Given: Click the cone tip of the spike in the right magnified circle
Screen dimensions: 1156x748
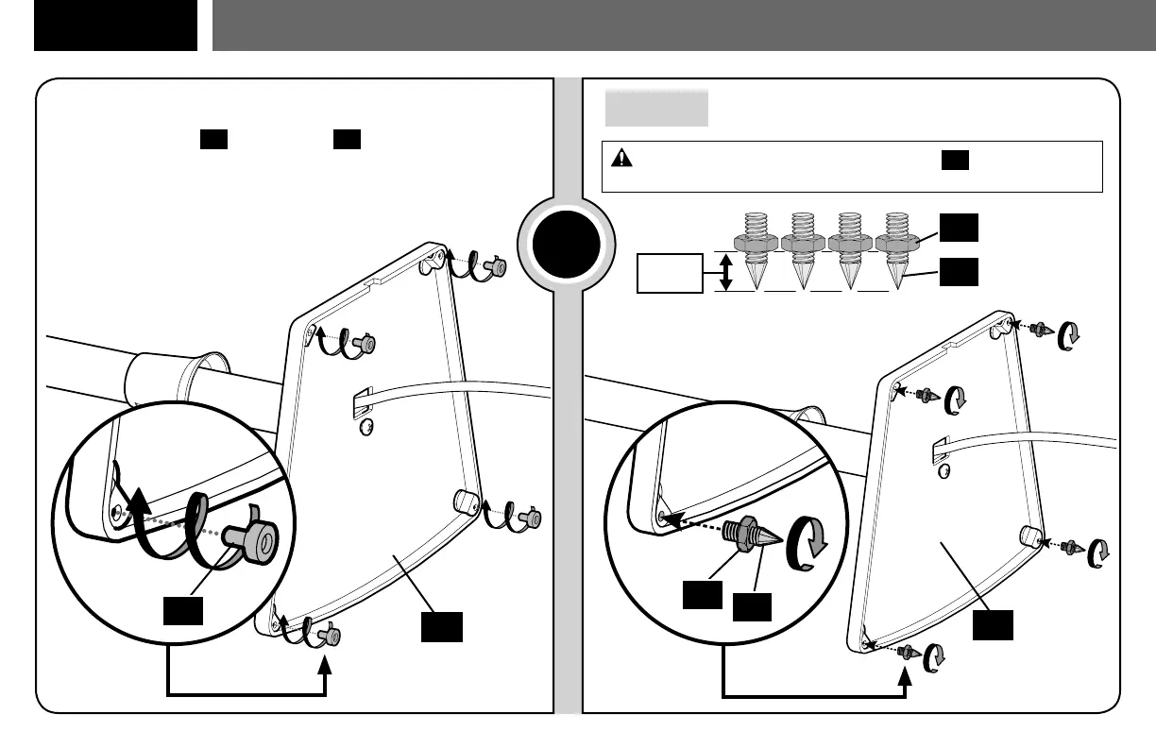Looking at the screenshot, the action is pyautogui.click(x=767, y=539).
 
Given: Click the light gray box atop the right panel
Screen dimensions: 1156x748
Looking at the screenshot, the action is pyautogui.click(x=655, y=109).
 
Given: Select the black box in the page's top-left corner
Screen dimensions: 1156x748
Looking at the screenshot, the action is pyautogui.click(x=115, y=25).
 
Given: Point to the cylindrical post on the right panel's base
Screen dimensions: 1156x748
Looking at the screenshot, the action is pyautogui.click(x=1029, y=536).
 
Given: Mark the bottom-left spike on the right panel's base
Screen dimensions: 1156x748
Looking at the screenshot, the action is pyautogui.click(x=908, y=651).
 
